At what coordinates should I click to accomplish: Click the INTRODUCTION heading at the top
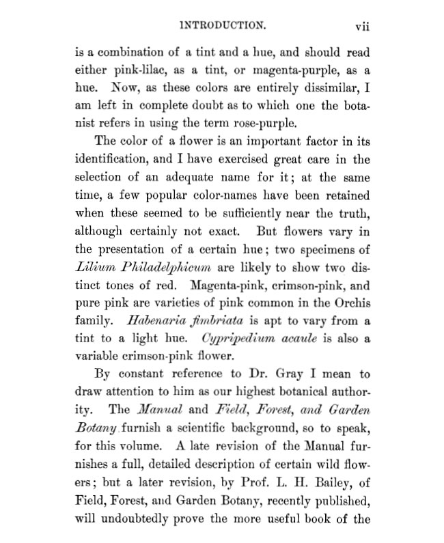click(x=221, y=26)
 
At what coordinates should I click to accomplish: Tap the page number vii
click(x=361, y=27)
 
